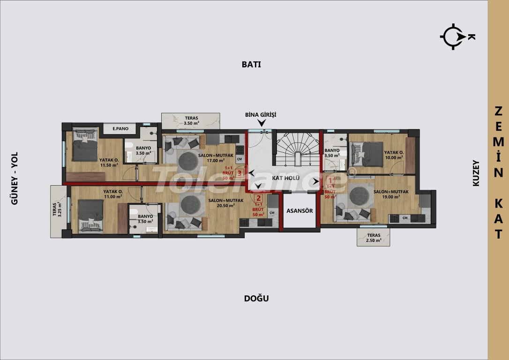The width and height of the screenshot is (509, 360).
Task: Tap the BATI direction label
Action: [x=251, y=65]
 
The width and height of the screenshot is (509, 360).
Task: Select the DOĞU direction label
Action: [x=256, y=299]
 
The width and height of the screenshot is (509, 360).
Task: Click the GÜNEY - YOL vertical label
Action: [x=15, y=178]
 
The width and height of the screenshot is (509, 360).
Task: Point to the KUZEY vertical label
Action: [x=476, y=173]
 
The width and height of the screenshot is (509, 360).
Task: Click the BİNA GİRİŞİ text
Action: [x=261, y=114]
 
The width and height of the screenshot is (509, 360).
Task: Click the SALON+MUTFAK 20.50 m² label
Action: [x=225, y=203]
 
